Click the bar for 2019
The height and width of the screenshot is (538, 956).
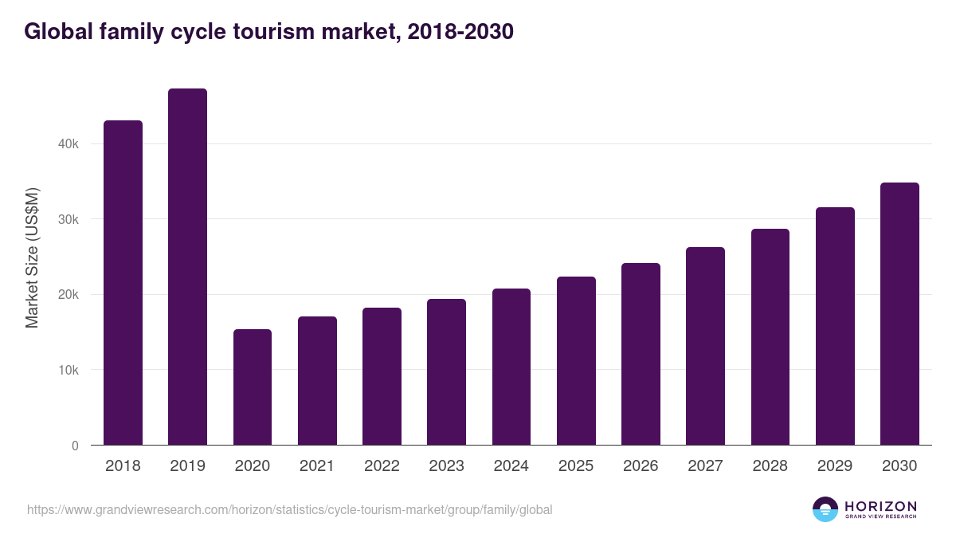click(187, 267)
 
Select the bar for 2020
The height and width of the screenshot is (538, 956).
click(253, 387)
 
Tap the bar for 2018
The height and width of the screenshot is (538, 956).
click(123, 283)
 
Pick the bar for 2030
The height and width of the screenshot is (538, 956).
click(899, 314)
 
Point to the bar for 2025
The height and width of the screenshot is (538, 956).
click(576, 361)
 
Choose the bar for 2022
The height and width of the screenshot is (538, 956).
click(382, 376)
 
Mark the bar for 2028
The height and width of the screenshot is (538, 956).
click(770, 337)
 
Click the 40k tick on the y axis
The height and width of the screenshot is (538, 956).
click(68, 144)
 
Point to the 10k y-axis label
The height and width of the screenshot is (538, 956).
click(68, 371)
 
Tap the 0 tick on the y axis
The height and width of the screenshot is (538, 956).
click(75, 446)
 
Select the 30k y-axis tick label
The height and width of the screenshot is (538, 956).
click(68, 220)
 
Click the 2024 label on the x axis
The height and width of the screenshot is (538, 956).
click(511, 466)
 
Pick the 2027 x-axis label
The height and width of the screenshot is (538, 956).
click(705, 466)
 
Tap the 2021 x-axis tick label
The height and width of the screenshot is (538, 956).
click(317, 466)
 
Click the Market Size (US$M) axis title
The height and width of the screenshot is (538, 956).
click(32, 257)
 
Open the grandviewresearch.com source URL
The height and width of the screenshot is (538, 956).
click(289, 509)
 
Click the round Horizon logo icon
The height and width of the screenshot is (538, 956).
click(825, 509)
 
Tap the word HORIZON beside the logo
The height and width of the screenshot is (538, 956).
click(880, 505)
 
